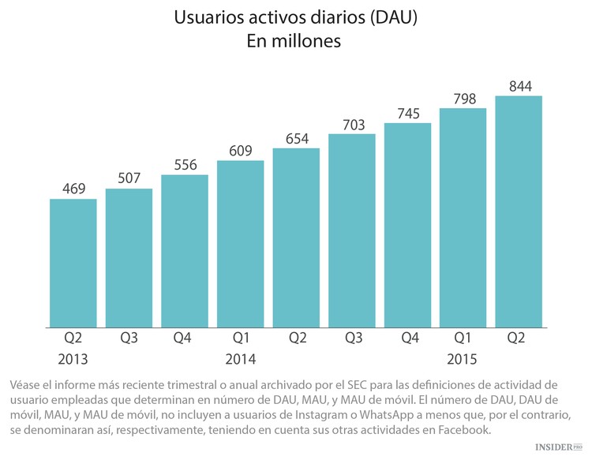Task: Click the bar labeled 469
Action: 73,263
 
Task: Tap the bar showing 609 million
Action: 241,244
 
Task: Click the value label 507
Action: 129,178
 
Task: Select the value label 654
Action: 296,138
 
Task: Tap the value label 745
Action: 407,113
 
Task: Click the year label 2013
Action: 73,359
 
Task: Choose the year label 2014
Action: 241,359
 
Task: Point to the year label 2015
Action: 463,359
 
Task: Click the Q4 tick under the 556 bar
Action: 185,338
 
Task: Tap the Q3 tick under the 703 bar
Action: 352,338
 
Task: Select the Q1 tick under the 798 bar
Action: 463,338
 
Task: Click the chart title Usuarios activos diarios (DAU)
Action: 295,18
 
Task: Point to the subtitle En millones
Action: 295,42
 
